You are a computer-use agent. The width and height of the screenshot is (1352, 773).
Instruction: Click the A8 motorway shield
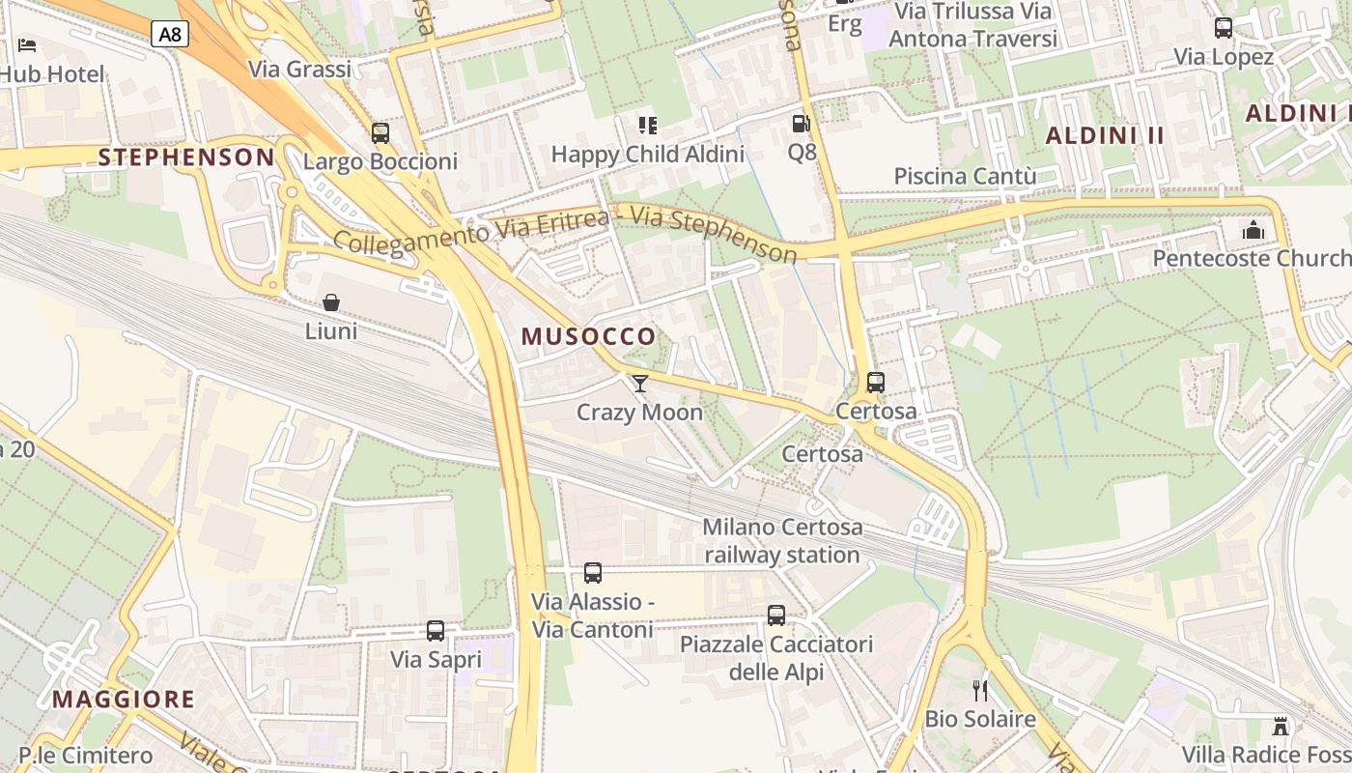tap(169, 35)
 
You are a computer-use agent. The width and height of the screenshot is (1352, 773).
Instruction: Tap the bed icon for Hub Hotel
tap(27, 44)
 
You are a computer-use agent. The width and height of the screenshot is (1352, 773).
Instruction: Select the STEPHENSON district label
tap(186, 157)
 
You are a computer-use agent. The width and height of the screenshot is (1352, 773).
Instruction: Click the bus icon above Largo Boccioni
tap(380, 133)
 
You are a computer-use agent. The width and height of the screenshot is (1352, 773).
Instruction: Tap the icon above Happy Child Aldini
tap(647, 126)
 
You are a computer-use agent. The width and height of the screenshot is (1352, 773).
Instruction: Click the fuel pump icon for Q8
tap(801, 124)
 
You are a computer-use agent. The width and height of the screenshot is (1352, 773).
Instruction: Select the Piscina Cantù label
tap(965, 176)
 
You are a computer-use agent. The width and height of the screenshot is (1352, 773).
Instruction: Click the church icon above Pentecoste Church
tap(1253, 230)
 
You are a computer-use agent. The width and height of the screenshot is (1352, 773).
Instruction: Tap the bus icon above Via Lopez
tap(1224, 28)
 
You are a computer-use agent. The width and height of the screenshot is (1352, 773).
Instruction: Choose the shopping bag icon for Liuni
tap(331, 302)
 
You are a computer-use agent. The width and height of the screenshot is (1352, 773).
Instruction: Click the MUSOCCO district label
tap(588, 336)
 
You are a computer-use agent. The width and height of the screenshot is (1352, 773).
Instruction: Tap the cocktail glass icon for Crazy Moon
tap(639, 384)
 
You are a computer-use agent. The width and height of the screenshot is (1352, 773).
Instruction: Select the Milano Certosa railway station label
tap(782, 541)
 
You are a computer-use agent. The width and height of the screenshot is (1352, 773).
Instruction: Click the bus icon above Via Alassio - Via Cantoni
tap(593, 573)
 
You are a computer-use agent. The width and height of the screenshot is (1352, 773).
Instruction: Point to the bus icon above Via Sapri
tap(436, 631)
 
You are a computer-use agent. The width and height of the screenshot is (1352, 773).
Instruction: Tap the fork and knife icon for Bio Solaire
tap(980, 690)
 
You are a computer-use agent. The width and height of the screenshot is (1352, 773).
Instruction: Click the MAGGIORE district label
tap(124, 699)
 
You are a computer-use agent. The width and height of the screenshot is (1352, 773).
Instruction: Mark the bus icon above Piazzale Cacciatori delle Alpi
tap(776, 616)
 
